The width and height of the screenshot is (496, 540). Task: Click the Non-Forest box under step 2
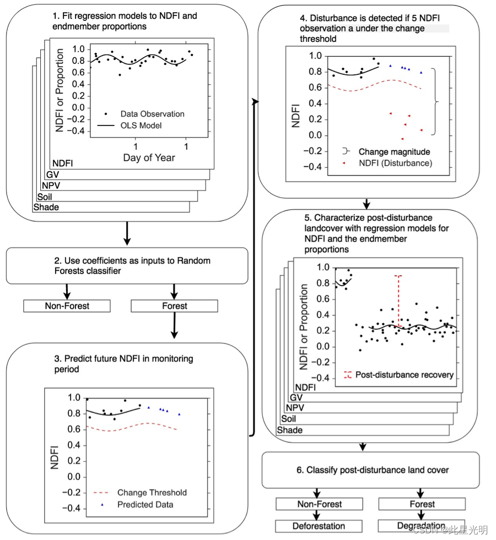point(67,306)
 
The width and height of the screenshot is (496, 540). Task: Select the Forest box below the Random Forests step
point(174,306)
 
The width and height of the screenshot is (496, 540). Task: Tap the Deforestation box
point(319,526)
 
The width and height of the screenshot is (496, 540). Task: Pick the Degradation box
point(421,526)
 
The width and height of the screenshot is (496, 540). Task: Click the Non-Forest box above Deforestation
point(319,504)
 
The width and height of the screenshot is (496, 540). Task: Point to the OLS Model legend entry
point(140,126)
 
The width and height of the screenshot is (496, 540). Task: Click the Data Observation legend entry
point(152,114)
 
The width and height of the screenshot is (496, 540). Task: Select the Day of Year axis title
point(148,157)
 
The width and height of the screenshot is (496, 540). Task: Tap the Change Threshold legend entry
point(152,493)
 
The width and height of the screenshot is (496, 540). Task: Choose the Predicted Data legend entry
point(145,505)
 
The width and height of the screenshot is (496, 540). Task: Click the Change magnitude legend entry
point(393,151)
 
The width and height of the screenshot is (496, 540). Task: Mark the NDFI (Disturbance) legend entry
point(395,163)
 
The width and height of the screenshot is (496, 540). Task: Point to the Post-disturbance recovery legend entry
point(404,375)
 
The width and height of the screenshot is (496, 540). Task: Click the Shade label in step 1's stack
point(46,207)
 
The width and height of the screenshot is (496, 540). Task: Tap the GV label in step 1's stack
point(53,175)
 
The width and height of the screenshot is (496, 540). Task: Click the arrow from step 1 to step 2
point(128,234)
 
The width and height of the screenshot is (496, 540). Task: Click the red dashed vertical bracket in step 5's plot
point(399,300)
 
